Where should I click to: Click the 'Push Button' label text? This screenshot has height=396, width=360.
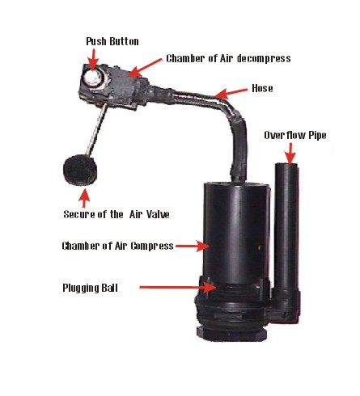pos(112,41)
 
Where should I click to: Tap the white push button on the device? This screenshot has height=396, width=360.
pos(93,78)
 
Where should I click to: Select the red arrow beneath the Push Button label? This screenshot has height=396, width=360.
pos(94,59)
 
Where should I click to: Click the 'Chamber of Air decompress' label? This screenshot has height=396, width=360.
pos(228,58)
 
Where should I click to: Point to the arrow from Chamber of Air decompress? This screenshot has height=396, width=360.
pos(146,68)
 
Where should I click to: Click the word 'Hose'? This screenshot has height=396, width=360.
pos(262,88)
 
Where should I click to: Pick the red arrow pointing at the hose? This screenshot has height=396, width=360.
pos(231,93)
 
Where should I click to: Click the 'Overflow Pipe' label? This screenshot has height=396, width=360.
pos(295,135)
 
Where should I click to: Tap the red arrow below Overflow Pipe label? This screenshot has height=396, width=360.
pos(290,153)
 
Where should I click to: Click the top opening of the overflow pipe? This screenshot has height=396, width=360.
pos(286,165)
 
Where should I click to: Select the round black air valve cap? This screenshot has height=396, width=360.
pos(80,170)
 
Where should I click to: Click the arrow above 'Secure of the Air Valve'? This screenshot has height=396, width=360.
pos(84,198)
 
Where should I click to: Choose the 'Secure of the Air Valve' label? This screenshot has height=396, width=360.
pos(116,214)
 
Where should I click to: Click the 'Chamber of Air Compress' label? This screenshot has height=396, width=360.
pos(117,246)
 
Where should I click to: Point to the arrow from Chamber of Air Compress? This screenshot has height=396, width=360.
pos(193,246)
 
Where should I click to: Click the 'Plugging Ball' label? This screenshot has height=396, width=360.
pos(90,288)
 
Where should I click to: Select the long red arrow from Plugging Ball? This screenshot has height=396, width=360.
pos(178,288)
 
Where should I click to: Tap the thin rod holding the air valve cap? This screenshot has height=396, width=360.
pos(96,130)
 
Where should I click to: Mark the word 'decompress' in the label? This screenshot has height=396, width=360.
pos(264,58)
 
